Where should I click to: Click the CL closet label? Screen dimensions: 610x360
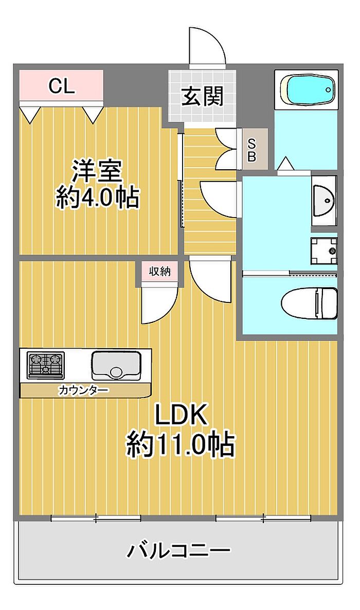[x=62, y=86]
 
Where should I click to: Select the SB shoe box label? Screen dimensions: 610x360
[x=251, y=150]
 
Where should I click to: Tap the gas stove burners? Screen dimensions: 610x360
[x=46, y=365]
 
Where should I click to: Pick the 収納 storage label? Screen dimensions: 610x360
[x=159, y=271]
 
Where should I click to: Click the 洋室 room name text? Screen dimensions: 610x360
[x=97, y=171]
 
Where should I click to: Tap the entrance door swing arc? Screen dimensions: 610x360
[x=207, y=47]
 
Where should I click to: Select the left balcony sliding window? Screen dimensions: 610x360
[x=96, y=518]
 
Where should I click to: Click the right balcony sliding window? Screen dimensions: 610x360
[x=263, y=518]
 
